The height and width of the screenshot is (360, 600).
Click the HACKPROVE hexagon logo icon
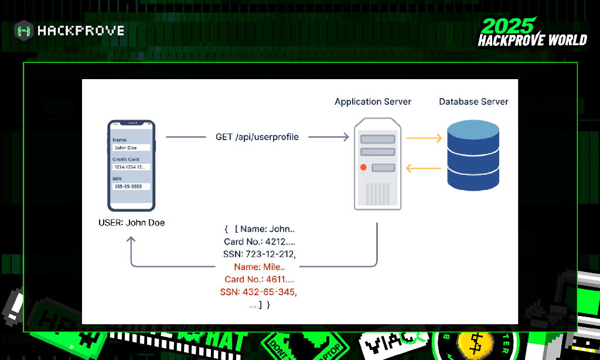(24, 30)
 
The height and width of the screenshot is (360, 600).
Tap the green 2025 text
(507, 26)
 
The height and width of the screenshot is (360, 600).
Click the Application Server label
(373, 101)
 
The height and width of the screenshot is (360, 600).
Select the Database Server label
(473, 101)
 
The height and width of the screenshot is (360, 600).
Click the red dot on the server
(364, 168)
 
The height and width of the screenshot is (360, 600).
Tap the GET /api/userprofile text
(257, 137)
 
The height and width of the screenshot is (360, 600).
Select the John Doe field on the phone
(131, 148)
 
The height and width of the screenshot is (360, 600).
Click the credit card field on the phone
(131, 167)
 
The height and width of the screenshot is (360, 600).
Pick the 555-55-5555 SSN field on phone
(131, 186)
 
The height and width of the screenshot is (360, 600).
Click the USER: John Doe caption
(132, 223)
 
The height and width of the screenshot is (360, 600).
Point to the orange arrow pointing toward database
(424, 138)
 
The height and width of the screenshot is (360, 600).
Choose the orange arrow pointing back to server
(424, 169)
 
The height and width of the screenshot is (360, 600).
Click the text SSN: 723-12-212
(260, 254)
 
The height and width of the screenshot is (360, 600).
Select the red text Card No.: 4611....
(260, 280)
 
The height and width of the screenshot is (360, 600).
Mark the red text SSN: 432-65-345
(260, 292)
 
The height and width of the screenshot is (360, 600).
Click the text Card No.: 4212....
(260, 242)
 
